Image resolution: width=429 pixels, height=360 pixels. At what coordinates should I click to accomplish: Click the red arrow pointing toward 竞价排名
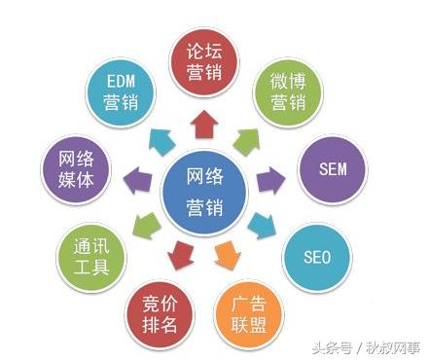click(179, 255)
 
